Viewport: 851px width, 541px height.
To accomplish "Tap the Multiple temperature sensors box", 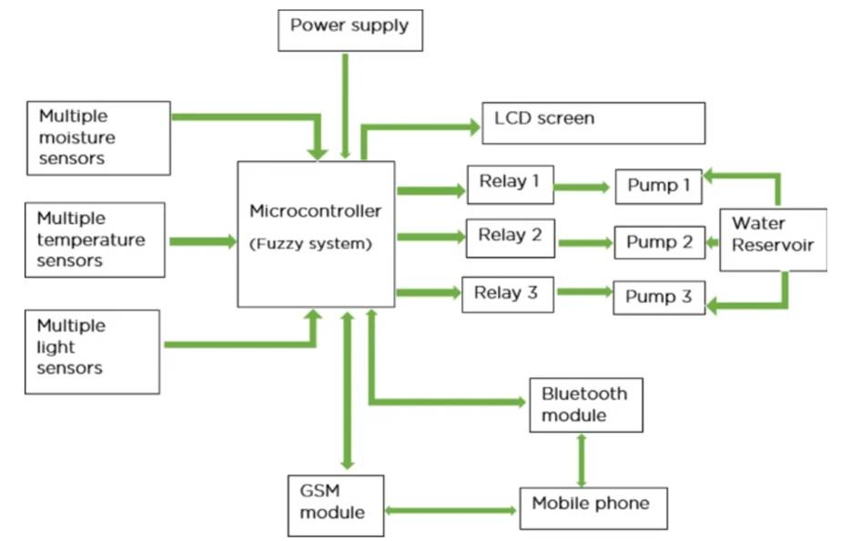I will pyautogui.click(x=95, y=240).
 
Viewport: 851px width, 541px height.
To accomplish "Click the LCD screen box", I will pyautogui.click(x=593, y=123).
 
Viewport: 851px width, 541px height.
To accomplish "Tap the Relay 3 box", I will pyautogui.click(x=507, y=294).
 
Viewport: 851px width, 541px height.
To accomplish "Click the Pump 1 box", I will pyautogui.click(x=659, y=187).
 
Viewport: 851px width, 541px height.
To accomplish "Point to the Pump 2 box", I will pyautogui.click(x=659, y=242).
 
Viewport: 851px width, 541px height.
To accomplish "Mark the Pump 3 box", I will pyautogui.click(x=659, y=298).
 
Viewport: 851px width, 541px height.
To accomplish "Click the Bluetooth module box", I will pyautogui.click(x=585, y=405).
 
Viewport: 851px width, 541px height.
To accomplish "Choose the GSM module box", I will pyautogui.click(x=335, y=502).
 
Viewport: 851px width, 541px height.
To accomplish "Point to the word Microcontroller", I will pyautogui.click(x=315, y=211).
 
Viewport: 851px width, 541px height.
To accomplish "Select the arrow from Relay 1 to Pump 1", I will pyautogui.click(x=582, y=188).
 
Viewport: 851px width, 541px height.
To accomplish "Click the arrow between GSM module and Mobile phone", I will pyautogui.click(x=451, y=509).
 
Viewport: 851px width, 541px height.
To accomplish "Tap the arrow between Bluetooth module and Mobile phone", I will pyautogui.click(x=581, y=461).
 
